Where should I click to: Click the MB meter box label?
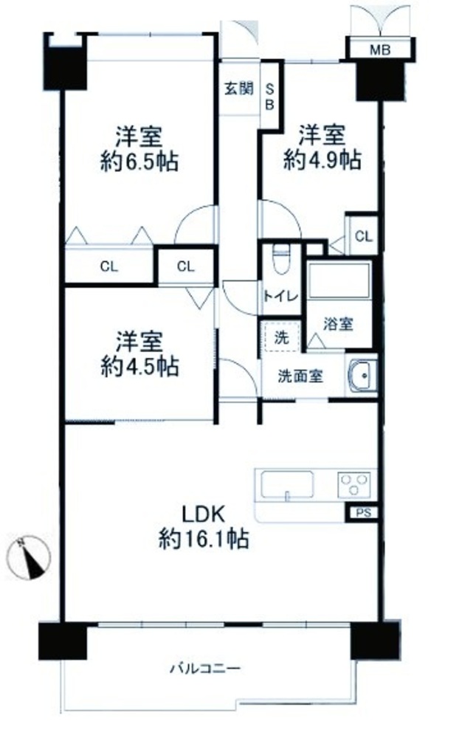click(x=380, y=49)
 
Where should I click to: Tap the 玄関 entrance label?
click(x=239, y=88)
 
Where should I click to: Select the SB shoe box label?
click(x=270, y=97)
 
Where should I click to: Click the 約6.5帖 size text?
click(x=139, y=162)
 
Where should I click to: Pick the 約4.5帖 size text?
click(x=139, y=367)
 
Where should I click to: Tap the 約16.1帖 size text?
click(x=204, y=539)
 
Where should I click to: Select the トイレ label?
click(x=280, y=296)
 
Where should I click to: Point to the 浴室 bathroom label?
click(x=339, y=324)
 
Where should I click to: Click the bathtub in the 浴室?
click(x=339, y=281)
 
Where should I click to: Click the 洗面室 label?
click(x=300, y=376)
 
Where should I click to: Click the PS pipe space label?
click(x=363, y=513)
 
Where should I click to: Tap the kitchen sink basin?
click(x=287, y=485)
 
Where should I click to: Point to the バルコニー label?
click(x=206, y=668)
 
